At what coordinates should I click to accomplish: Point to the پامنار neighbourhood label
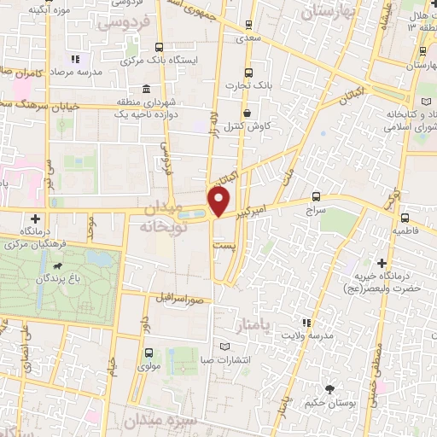[x=252, y=324]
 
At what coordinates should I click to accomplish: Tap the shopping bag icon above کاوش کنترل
[x=248, y=112]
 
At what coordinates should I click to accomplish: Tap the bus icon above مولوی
[x=150, y=353]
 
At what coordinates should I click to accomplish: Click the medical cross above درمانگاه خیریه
[x=382, y=263]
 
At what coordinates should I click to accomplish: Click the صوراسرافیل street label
[x=179, y=300]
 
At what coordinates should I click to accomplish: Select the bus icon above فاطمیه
[x=405, y=218]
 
